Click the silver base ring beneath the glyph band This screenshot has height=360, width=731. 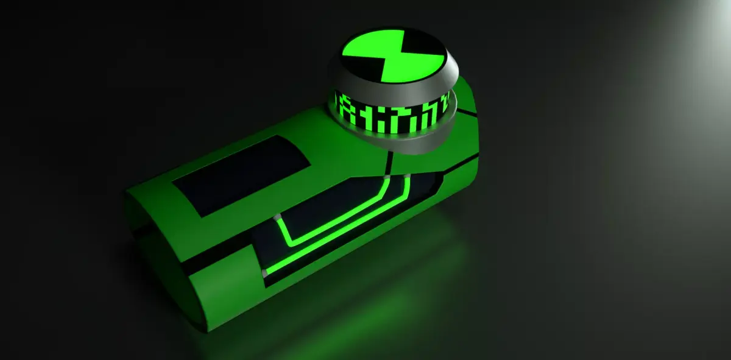(420, 141)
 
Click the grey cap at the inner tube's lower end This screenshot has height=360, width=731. (278, 218)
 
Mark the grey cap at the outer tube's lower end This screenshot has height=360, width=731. (265, 272)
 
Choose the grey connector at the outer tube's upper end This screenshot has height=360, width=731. (405, 177)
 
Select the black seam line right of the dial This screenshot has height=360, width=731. (467, 112)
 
